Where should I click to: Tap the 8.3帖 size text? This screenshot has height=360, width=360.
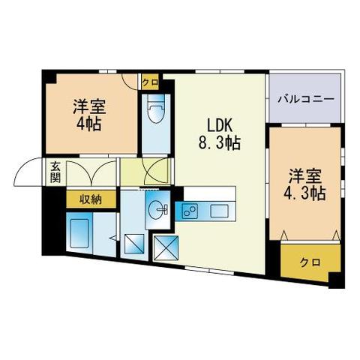click(x=218, y=142)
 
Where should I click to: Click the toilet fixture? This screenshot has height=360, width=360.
click(x=156, y=112)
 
